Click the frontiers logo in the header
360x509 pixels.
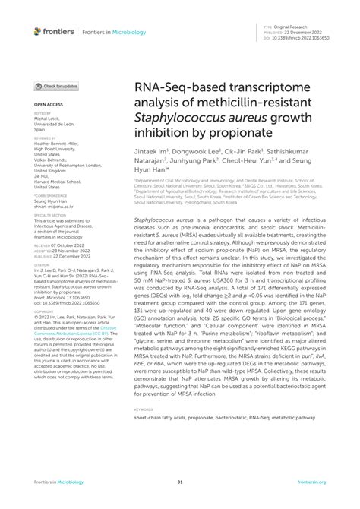55,31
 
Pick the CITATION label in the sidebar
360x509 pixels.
41,264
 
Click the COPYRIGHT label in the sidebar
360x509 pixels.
43,312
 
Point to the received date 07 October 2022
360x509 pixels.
74,247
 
